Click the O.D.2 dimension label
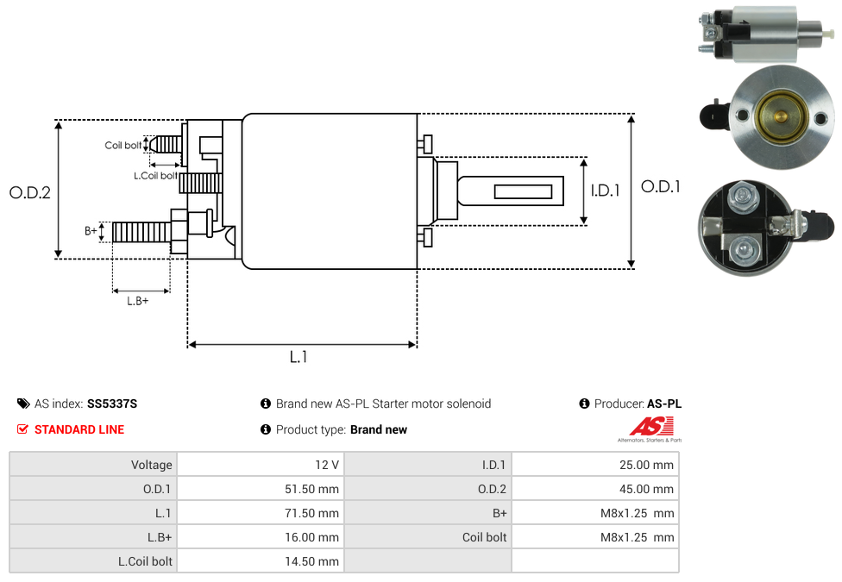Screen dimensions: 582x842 (30, 192)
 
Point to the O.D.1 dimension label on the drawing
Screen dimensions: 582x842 (661, 186)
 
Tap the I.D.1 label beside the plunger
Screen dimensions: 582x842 (606, 191)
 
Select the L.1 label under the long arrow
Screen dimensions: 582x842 (298, 356)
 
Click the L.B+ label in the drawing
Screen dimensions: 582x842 (138, 301)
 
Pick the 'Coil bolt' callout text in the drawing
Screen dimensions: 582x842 (123, 146)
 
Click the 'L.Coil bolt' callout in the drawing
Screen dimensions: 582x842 (155, 176)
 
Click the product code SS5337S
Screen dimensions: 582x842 (112, 404)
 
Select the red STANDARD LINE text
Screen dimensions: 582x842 (79, 429)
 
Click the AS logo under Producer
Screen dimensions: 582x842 (649, 428)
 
